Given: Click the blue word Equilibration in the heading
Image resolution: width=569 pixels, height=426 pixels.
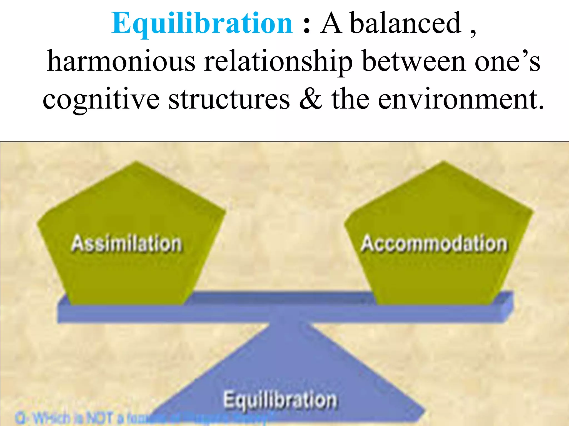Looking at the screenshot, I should tap(202, 23).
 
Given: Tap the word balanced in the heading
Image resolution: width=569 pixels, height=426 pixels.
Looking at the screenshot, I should tap(405, 23).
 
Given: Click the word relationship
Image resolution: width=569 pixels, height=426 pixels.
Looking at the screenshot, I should tap(278, 62).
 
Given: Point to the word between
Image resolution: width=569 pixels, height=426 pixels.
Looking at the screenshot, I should tap(414, 62).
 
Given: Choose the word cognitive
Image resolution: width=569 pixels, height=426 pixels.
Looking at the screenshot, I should tap(101, 99).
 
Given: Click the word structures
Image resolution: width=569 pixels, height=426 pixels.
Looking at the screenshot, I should tap(229, 99).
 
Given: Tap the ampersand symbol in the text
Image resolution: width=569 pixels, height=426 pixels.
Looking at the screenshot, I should tap(311, 99).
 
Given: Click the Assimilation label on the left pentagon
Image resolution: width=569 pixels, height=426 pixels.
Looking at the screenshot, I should tap(127, 244).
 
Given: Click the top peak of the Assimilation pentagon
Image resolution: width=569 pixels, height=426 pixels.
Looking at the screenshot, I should tap(136, 162).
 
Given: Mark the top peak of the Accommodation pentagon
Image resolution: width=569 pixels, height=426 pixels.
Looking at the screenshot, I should tap(443, 162).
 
